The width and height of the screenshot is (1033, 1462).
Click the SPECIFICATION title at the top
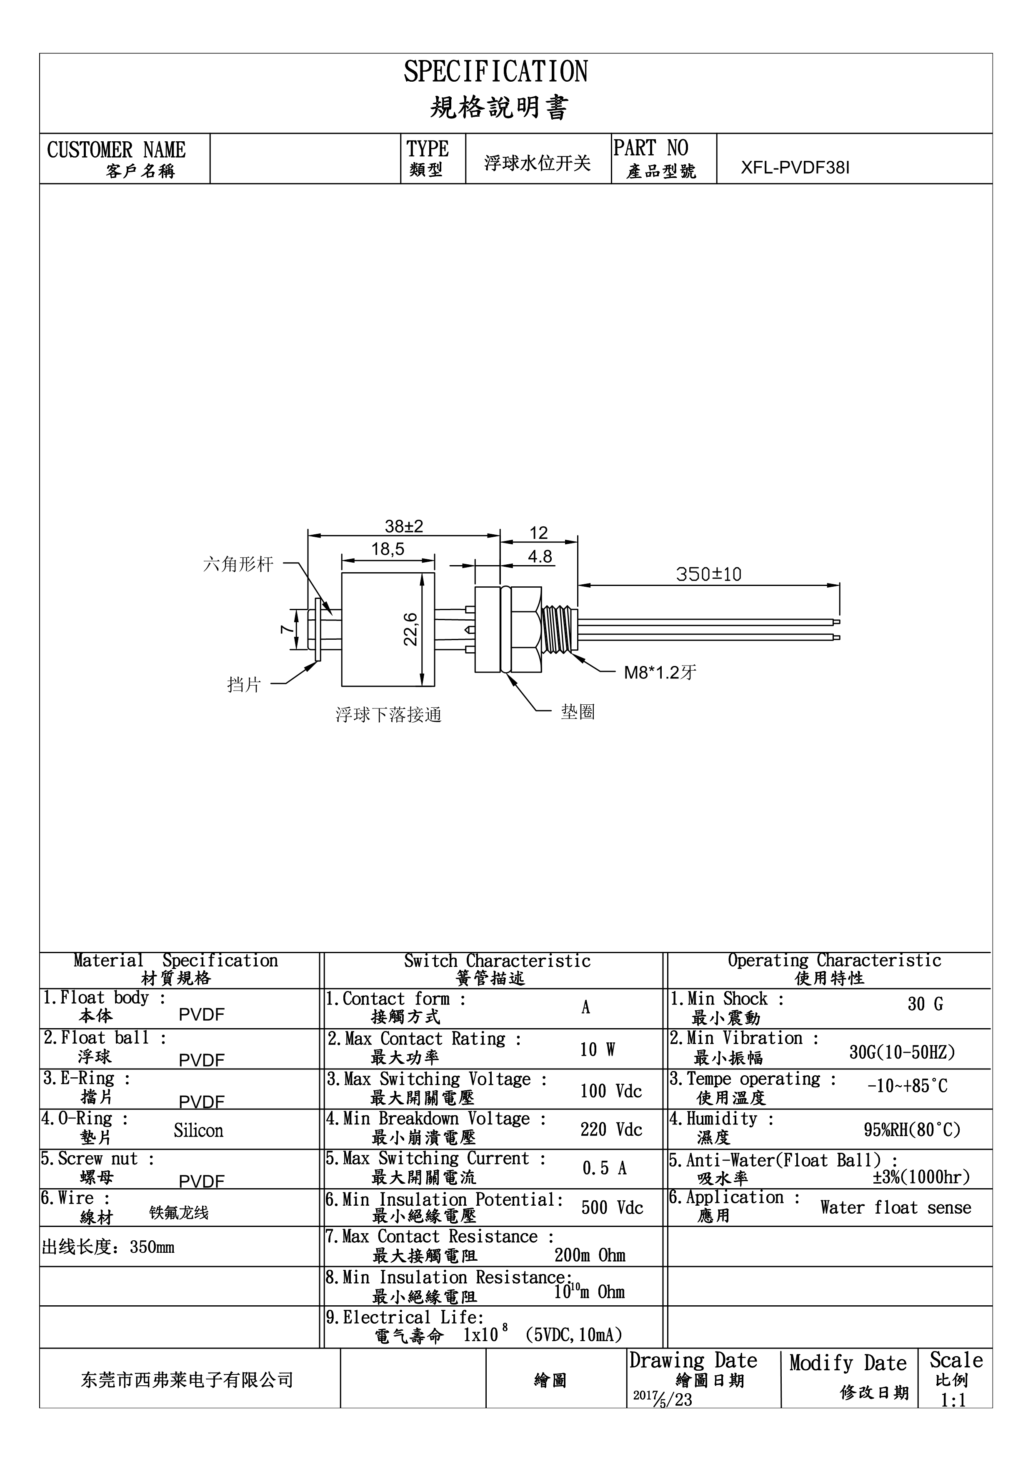coord(496,72)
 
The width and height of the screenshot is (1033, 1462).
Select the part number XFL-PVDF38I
coord(795,168)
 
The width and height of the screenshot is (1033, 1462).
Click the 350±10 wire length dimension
coord(708,574)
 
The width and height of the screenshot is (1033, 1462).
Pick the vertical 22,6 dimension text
coord(411,629)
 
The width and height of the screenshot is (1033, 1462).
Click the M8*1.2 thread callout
coord(660,672)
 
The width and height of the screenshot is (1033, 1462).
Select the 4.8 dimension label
coord(540,556)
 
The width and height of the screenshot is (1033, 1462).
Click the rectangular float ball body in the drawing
coord(388,629)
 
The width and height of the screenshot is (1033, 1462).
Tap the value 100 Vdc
coord(611,1091)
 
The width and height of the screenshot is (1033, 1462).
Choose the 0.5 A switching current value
coord(605,1168)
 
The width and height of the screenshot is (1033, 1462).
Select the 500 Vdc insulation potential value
coord(612,1207)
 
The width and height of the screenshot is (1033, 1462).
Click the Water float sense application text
coord(895,1207)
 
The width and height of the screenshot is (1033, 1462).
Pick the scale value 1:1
coord(953,1400)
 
